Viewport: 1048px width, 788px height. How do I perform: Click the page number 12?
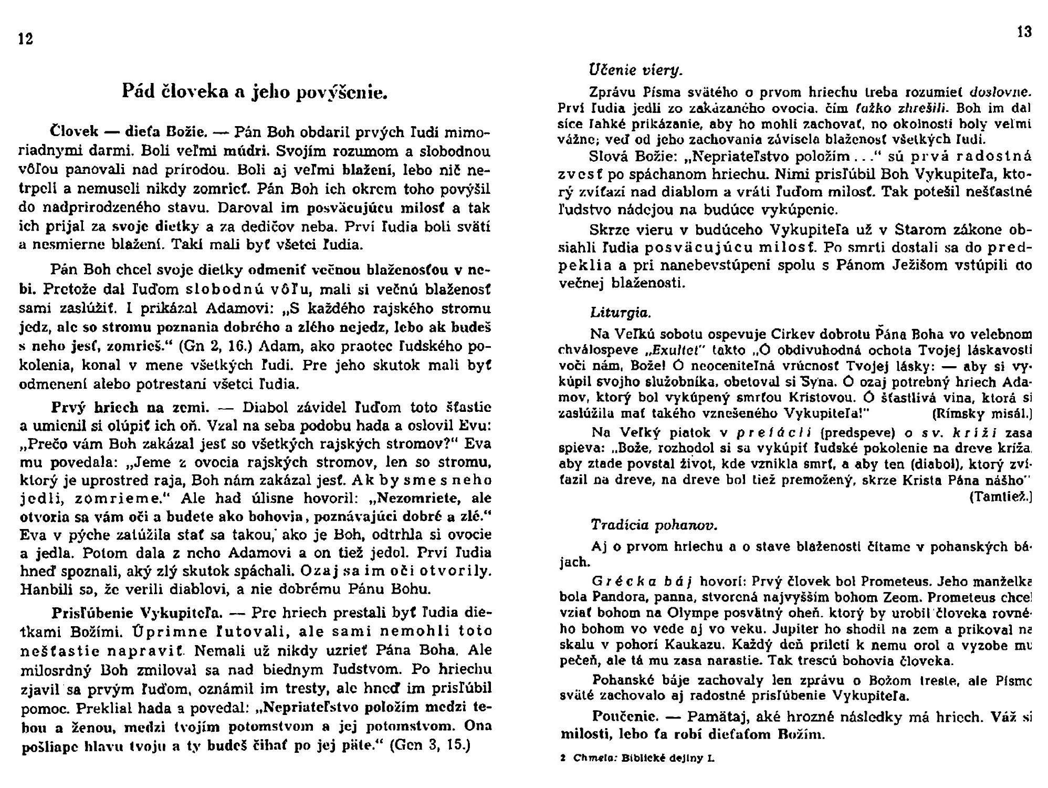(26, 39)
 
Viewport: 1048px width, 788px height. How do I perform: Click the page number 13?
(1024, 33)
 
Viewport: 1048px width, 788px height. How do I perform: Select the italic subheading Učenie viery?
(635, 69)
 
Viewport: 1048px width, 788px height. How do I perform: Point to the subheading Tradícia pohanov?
(654, 525)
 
